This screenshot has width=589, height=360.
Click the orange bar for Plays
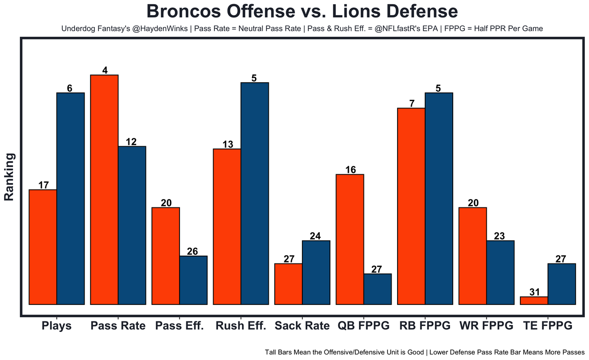coord(43,247)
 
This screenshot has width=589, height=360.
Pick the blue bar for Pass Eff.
coord(193,280)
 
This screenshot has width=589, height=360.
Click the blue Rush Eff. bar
coord(255,194)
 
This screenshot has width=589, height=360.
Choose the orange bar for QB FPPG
coord(350,239)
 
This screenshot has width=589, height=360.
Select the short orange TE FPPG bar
coord(534,301)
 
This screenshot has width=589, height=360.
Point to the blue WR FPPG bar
coord(500,272)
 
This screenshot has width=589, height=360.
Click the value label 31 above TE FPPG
coord(534,292)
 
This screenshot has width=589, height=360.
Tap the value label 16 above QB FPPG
coord(350,170)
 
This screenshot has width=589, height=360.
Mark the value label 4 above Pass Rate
coord(105,70)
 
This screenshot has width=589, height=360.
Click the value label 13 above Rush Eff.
coord(227,144)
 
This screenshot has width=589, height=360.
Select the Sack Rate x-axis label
coord(302,326)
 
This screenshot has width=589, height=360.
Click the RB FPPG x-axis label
coord(425,326)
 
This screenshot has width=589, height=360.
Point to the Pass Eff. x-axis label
coord(179,326)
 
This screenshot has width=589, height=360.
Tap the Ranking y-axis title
coord(10,177)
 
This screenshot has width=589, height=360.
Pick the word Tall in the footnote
coord(272,352)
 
